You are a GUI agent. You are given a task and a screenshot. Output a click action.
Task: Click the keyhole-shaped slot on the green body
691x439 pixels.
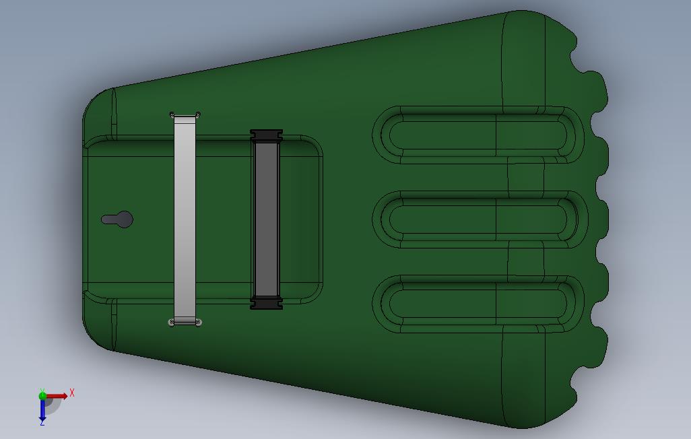pos(117,219)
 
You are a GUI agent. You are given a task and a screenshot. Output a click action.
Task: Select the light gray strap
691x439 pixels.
pos(185,219)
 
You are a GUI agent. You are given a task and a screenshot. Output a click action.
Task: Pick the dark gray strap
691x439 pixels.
pos(266,219)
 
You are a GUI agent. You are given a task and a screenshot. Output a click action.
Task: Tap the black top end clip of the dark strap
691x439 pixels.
pos(266,135)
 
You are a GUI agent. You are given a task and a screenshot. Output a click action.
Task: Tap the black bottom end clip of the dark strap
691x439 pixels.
pos(266,304)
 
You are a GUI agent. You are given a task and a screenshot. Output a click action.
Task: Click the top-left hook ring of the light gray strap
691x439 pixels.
pos(172,114)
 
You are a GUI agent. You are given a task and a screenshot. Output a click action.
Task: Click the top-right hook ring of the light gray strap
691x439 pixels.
pos(198,114)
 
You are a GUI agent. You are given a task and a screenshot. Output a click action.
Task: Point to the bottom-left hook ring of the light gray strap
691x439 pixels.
pos(172,323)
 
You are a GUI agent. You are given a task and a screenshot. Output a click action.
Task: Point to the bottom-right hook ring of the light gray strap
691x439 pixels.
pos(198,323)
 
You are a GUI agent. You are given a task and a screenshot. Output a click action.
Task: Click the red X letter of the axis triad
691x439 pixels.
pos(72,393)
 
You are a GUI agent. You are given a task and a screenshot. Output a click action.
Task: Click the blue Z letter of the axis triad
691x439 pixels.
pos(42,422)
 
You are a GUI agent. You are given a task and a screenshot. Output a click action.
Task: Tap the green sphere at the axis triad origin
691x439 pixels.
pos(42,396)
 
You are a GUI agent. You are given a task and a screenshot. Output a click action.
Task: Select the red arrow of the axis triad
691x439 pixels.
pos(58,396)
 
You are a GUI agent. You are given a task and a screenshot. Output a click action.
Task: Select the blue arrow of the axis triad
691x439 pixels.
pos(42,409)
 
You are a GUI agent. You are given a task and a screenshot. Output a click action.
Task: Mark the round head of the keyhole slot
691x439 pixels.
pos(124,219)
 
